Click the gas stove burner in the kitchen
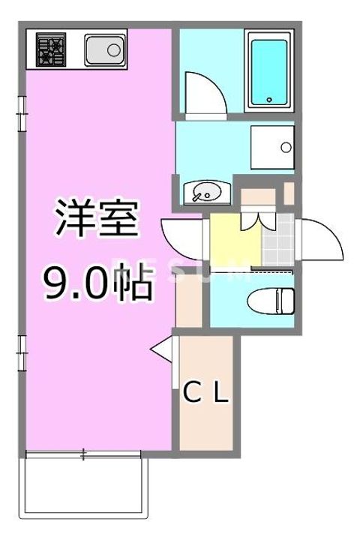coord(51,49)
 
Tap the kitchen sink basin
coord(105,50)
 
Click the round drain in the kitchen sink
coord(114,50)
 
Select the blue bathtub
coord(269,72)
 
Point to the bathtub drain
coord(269,100)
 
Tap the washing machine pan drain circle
coord(286,148)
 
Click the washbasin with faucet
coord(207,193)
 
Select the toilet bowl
coord(271,301)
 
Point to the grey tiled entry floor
coord(278,240)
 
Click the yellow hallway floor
coord(235,240)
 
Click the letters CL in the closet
coord(206,393)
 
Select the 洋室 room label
coord(97,217)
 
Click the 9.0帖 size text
coord(97,282)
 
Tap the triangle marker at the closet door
coord(161,349)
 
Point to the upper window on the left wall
coord(22,114)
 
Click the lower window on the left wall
coord(22,353)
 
